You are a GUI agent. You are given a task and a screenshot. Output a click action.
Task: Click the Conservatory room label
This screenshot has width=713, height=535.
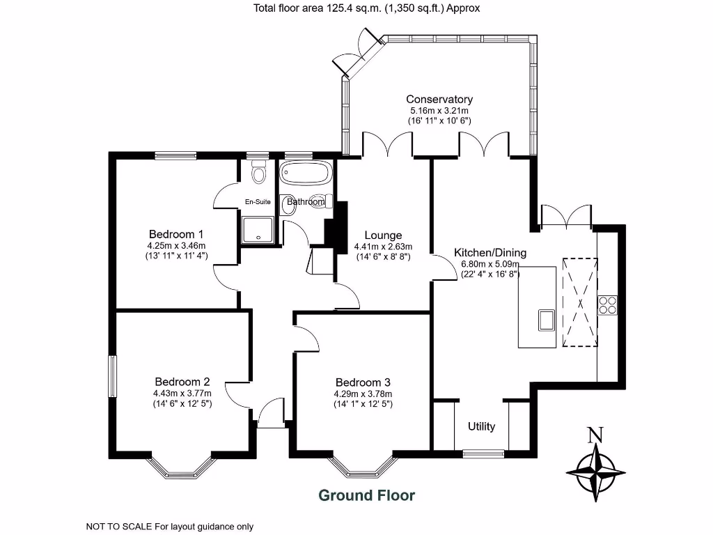(439, 99)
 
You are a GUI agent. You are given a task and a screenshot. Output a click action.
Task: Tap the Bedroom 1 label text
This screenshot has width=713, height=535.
(176, 233)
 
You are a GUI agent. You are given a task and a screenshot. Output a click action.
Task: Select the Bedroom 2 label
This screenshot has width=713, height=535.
(182, 382)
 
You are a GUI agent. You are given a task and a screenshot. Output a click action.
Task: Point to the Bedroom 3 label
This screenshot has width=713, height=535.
(363, 382)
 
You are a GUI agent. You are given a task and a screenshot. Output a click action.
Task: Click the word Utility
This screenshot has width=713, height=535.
(481, 426)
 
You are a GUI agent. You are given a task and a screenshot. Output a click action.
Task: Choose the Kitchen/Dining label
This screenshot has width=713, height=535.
(490, 252)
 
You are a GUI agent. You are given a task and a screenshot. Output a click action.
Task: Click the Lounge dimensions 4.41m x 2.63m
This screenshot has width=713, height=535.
(383, 247)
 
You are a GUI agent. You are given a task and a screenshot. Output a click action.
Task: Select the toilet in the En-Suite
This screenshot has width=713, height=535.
(259, 172)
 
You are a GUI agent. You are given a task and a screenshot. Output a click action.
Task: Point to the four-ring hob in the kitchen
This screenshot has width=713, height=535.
(608, 305)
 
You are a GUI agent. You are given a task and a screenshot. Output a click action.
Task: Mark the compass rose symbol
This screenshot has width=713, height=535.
(596, 473)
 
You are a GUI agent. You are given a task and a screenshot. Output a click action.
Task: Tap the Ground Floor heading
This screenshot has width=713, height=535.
(366, 496)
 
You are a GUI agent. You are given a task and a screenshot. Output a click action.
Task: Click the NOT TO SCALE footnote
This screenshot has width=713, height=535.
(169, 527)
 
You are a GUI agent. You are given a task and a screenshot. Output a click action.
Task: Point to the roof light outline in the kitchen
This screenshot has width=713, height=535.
(579, 301)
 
